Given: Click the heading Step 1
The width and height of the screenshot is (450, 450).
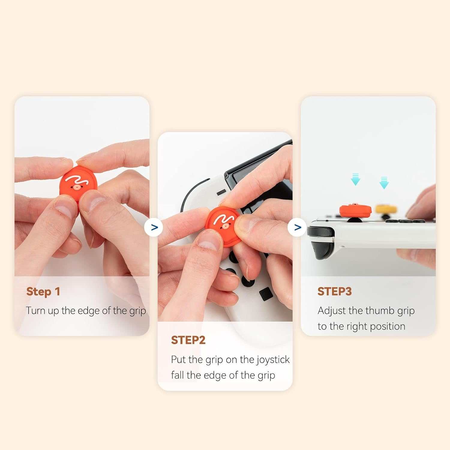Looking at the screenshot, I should pyautogui.click(x=43, y=292).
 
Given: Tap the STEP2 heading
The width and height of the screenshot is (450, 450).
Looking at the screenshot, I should pyautogui.click(x=188, y=340).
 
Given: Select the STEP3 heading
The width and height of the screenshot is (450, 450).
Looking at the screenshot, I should pyautogui.click(x=334, y=292).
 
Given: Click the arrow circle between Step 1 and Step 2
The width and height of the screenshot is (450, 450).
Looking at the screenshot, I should pyautogui.click(x=154, y=227).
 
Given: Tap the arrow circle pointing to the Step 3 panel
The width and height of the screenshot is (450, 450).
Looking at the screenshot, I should pyautogui.click(x=297, y=227).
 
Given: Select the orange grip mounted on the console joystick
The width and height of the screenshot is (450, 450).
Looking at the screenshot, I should pyautogui.click(x=355, y=210).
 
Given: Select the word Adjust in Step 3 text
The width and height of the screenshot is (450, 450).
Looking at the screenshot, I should pyautogui.click(x=331, y=311).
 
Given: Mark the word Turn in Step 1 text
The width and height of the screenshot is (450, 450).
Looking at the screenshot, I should pyautogui.click(x=35, y=311).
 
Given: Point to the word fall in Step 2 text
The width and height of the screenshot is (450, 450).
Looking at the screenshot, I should pyautogui.click(x=177, y=375).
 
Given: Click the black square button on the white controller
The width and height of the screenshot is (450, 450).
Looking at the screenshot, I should pyautogui.click(x=266, y=294).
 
